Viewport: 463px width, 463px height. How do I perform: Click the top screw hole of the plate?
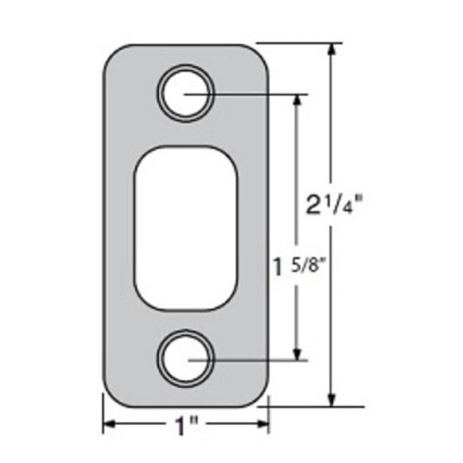coord(184,93)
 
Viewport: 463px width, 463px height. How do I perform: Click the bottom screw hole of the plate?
coord(185,356)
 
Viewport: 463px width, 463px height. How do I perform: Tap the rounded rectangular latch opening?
coord(186,228)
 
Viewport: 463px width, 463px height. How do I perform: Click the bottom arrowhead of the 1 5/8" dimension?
coord(300,353)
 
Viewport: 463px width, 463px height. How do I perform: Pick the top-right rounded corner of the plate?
coord(259,57)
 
